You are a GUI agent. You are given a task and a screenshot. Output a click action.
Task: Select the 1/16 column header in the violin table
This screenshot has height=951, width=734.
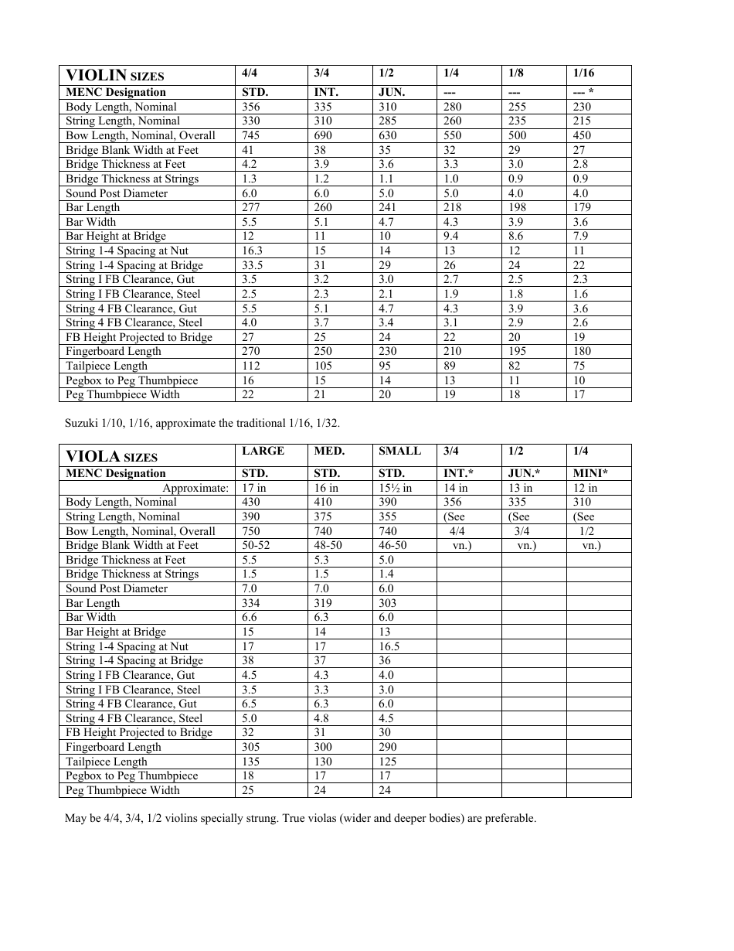(x=583, y=73)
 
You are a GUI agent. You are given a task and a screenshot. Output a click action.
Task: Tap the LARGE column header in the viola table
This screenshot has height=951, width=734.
(x=263, y=452)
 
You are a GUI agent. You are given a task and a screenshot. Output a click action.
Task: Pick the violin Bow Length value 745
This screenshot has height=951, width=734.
(x=251, y=135)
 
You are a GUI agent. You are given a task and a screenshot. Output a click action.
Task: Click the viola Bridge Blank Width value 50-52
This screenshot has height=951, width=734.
(x=256, y=545)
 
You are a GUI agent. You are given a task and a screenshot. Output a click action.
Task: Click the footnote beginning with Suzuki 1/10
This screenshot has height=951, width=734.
(x=202, y=423)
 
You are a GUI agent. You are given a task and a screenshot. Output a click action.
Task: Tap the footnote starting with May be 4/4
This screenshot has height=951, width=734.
(x=300, y=818)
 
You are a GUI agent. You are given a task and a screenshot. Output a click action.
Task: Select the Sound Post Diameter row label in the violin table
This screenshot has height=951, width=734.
(x=117, y=193)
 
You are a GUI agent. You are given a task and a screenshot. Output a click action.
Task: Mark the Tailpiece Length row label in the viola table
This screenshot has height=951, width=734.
(x=107, y=762)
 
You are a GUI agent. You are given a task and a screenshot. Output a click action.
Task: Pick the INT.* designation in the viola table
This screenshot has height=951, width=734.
(x=459, y=473)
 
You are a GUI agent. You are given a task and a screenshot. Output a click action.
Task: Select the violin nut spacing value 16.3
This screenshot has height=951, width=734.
(x=252, y=251)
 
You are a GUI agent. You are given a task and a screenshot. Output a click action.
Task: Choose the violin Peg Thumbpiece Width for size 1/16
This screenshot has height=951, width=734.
(x=579, y=394)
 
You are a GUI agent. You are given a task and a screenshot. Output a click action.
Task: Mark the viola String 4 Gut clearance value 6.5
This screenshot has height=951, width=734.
(x=250, y=704)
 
